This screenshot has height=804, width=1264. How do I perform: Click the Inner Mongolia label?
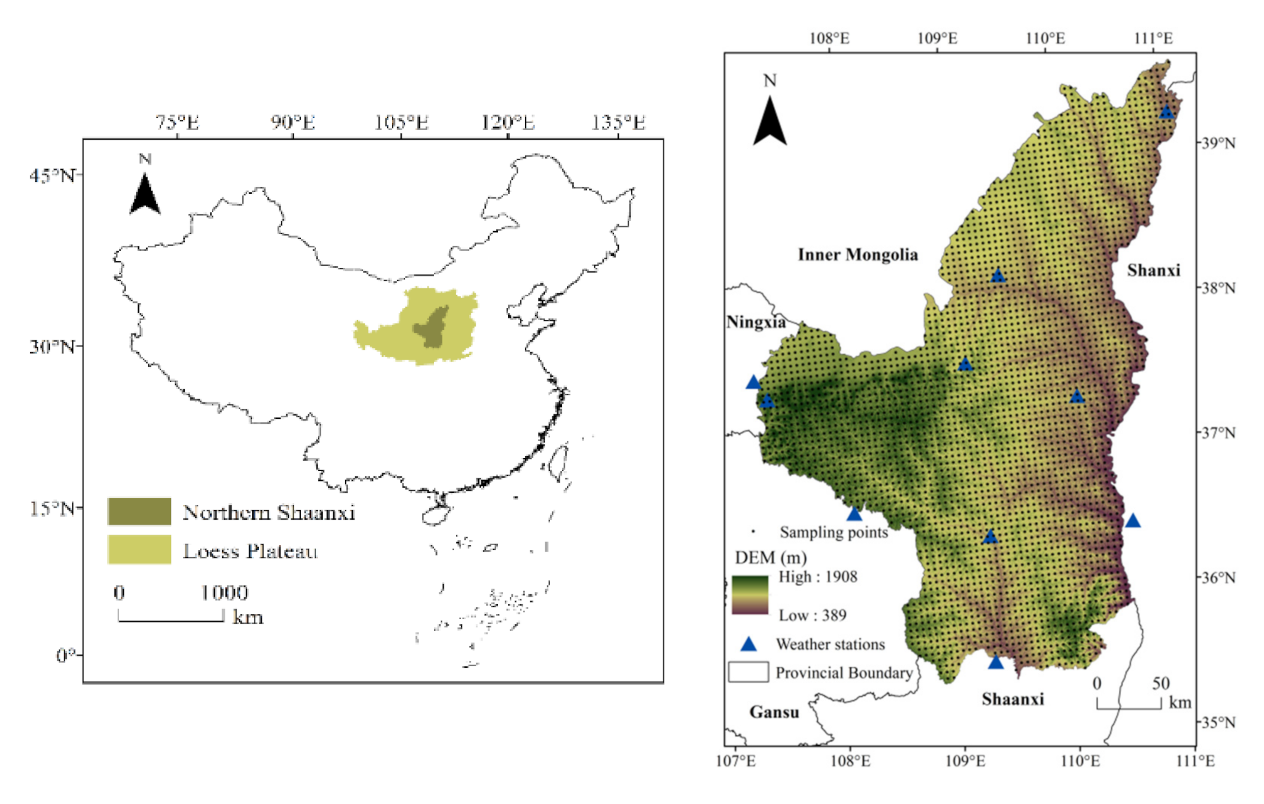tap(857, 255)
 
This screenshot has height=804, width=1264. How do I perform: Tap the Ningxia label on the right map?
tap(755, 322)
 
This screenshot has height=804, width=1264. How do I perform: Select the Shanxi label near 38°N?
tap(1153, 271)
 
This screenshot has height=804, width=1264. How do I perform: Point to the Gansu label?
tap(774, 712)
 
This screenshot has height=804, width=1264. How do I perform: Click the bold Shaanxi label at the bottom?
tap(1012, 700)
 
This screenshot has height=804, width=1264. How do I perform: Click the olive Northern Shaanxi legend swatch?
tap(140, 511)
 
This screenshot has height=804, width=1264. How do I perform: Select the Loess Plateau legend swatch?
tap(140, 550)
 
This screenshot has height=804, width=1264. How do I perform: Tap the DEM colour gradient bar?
tap(750, 594)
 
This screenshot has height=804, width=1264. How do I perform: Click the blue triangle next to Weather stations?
tap(749, 644)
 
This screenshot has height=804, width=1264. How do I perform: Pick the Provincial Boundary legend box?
tap(748, 672)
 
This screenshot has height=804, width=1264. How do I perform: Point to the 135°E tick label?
tap(617, 123)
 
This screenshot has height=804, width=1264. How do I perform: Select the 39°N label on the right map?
tap(1218, 143)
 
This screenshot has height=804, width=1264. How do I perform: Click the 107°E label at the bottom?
tap(735, 761)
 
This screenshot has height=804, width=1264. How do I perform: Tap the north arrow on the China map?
tap(144, 193)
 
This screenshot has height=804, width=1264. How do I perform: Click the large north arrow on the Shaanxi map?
tap(770, 121)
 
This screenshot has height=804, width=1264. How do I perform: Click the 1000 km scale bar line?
tap(171, 620)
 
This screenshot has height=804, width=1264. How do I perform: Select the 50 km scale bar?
tap(1128, 706)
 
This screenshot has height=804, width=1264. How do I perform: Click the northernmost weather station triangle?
tap(1166, 112)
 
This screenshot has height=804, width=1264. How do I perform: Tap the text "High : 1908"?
tap(817, 576)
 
